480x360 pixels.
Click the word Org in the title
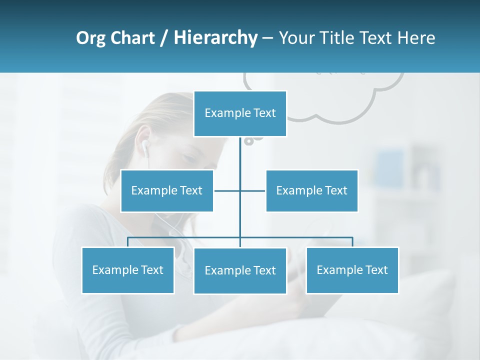[91, 38]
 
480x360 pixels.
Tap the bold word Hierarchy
[215, 38]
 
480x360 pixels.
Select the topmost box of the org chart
[240, 113]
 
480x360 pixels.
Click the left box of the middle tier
[167, 190]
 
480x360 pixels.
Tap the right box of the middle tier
[312, 190]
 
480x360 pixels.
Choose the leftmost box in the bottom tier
[128, 270]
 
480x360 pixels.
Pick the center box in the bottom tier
[240, 270]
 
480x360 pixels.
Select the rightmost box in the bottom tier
[352, 270]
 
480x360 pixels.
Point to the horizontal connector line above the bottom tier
[185, 237]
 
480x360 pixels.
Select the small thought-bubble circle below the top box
[248, 141]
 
